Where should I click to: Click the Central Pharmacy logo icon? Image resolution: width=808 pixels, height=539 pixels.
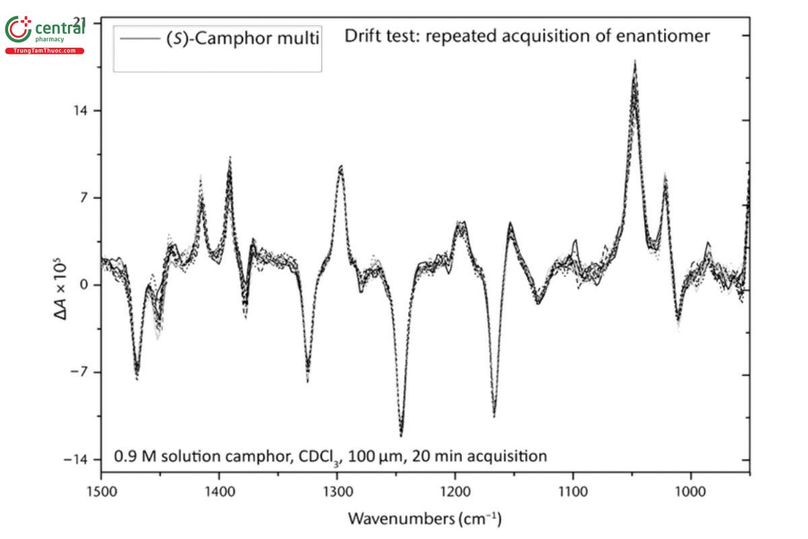[x=18, y=29]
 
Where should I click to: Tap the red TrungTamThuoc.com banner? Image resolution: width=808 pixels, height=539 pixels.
[x=45, y=51]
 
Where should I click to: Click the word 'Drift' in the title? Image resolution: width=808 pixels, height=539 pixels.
[x=363, y=36]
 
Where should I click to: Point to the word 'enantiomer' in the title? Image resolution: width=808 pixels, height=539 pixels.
[x=663, y=36]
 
